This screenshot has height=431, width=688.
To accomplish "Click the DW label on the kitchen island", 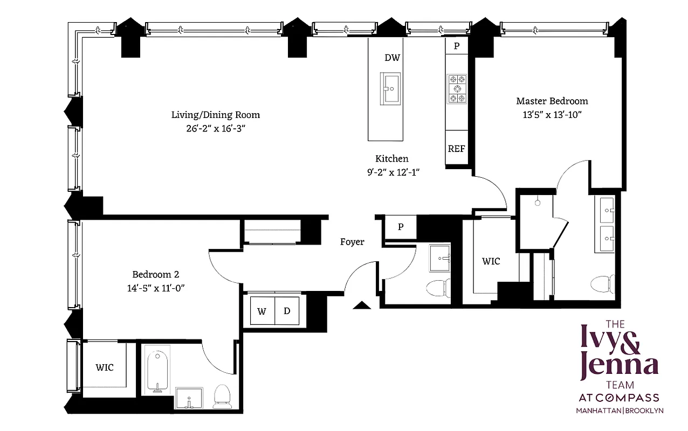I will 392,58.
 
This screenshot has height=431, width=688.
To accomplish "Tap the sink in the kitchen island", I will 391,87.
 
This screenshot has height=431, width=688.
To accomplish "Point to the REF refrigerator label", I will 456,149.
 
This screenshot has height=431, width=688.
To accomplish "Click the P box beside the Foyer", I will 400,227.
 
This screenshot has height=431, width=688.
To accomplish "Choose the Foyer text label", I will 352,242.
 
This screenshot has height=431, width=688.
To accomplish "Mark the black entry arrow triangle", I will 361,305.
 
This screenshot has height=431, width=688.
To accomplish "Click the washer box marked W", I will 263,311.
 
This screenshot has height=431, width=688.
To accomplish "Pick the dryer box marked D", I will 287,311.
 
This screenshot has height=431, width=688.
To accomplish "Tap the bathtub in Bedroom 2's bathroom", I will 157,371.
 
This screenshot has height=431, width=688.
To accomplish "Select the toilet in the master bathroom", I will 602,285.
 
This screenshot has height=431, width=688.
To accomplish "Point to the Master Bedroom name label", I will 552,101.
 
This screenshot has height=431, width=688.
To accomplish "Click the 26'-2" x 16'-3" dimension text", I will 215,128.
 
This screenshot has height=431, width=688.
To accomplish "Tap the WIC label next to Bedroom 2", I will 105,367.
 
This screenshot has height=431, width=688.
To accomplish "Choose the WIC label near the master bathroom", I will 491,261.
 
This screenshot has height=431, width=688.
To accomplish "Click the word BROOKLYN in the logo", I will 644,411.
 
